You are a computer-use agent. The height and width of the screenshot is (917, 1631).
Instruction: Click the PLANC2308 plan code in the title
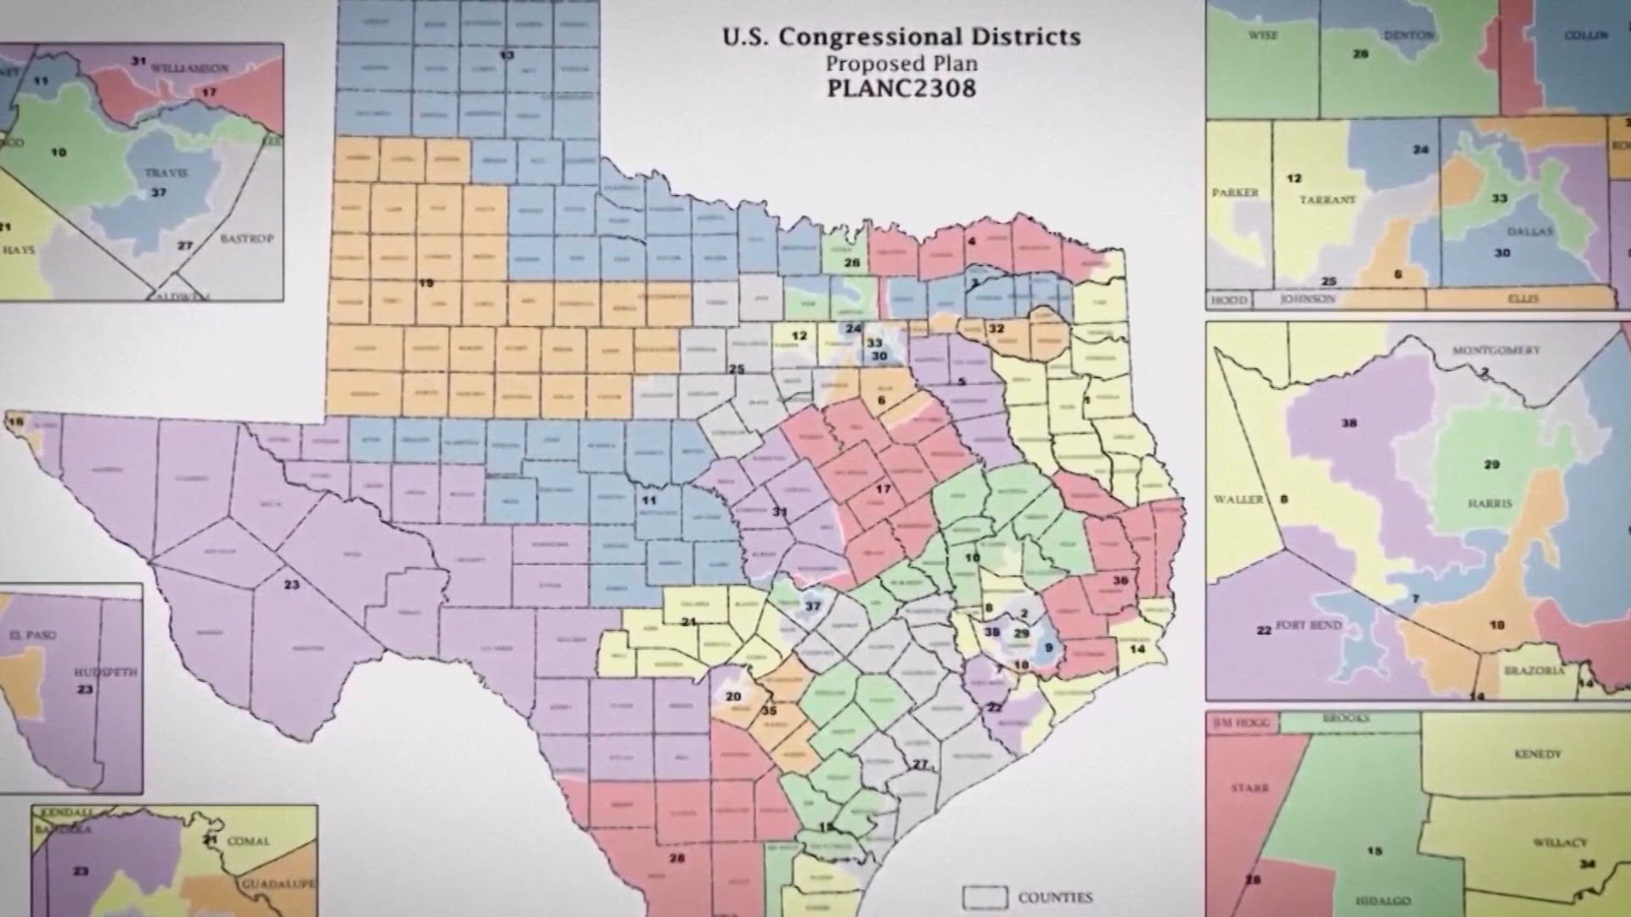901,88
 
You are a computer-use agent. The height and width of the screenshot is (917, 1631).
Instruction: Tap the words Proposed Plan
901,64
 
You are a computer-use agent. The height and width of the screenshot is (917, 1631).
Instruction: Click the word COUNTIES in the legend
1055,897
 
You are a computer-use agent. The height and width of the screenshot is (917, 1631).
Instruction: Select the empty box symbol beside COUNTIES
985,897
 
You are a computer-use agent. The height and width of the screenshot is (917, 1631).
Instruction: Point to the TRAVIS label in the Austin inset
166,173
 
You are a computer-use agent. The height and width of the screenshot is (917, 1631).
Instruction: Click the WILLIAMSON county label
189,67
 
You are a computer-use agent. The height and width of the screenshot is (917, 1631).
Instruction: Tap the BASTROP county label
246,239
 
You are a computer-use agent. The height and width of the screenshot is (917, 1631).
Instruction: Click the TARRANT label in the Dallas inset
1327,200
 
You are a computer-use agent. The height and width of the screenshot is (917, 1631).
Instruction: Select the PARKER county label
1235,193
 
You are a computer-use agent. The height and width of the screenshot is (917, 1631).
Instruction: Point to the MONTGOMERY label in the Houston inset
1495,350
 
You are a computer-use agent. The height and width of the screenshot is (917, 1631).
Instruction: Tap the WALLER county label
1238,499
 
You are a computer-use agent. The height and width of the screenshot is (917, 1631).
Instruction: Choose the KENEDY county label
1538,754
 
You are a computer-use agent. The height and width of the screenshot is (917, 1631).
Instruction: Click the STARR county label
1249,788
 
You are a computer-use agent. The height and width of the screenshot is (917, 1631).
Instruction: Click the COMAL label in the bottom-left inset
248,841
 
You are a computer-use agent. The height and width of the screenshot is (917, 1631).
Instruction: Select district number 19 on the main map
426,283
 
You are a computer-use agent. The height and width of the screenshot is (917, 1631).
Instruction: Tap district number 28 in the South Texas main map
676,858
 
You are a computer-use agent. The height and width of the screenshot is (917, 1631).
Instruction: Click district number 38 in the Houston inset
1349,423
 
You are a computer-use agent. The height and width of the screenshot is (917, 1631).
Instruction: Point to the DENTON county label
1408,36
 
